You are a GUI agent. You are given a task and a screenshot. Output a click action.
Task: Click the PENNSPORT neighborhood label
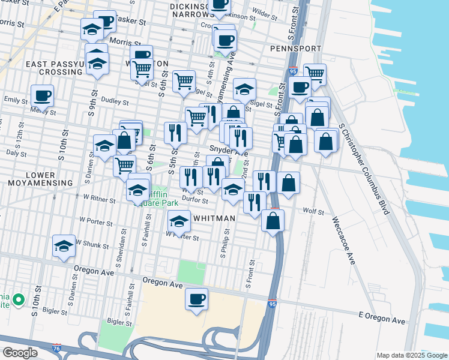(292, 47)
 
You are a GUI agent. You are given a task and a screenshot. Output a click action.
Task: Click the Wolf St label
(313, 212)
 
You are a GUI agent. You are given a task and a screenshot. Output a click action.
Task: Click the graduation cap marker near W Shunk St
(64, 245)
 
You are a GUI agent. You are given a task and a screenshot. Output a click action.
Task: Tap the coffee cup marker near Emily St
(42, 95)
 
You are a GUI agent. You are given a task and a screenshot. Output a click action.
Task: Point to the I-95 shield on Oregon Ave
(272, 304)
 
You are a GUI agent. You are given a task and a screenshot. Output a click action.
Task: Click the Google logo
(20, 353)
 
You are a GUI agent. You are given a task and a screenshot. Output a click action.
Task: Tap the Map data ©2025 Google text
(411, 355)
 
